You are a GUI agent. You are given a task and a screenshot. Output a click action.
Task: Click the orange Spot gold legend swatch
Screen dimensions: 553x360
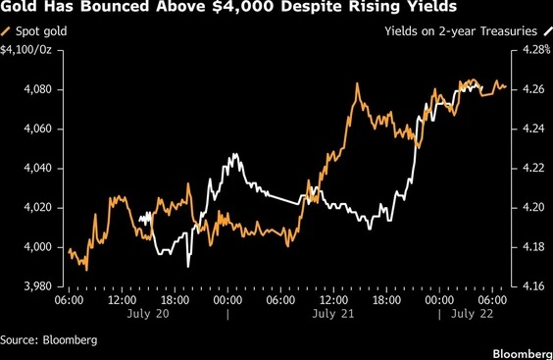click(6, 31)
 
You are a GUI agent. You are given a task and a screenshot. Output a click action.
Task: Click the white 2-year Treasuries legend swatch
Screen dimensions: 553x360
click(547, 31)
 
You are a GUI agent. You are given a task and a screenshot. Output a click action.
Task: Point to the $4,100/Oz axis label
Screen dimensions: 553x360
click(25, 50)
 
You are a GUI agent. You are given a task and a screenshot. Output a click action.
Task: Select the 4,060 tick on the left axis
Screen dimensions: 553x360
click(37, 129)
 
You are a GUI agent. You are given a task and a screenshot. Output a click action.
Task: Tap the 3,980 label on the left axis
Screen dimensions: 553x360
click(37, 286)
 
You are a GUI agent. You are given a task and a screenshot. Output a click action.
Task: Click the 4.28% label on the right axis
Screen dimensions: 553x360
click(536, 50)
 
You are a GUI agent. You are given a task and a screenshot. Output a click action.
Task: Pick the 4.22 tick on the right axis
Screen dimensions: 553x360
click(533, 168)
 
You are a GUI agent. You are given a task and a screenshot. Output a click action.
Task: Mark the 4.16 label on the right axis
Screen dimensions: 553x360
click(533, 286)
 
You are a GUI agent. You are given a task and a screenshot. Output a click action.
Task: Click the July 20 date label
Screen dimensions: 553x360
click(148, 314)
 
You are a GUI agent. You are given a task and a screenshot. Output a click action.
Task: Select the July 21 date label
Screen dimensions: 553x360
click(333, 314)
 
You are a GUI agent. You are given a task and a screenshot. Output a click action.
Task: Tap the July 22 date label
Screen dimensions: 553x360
click(472, 314)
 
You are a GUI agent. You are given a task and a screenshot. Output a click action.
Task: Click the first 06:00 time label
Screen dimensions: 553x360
click(69, 300)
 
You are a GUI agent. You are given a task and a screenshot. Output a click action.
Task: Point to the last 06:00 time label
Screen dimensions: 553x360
click(492, 300)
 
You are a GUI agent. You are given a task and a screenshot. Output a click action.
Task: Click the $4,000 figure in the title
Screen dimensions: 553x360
click(243, 6)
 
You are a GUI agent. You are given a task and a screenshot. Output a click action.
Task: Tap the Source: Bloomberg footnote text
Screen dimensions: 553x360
click(49, 339)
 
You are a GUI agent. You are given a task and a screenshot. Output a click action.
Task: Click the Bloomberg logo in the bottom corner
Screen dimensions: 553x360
click(523, 354)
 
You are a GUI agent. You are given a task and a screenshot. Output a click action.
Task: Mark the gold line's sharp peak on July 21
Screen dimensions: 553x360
click(357, 83)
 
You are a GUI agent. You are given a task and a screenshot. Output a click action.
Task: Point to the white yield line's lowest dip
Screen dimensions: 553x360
click(188, 267)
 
